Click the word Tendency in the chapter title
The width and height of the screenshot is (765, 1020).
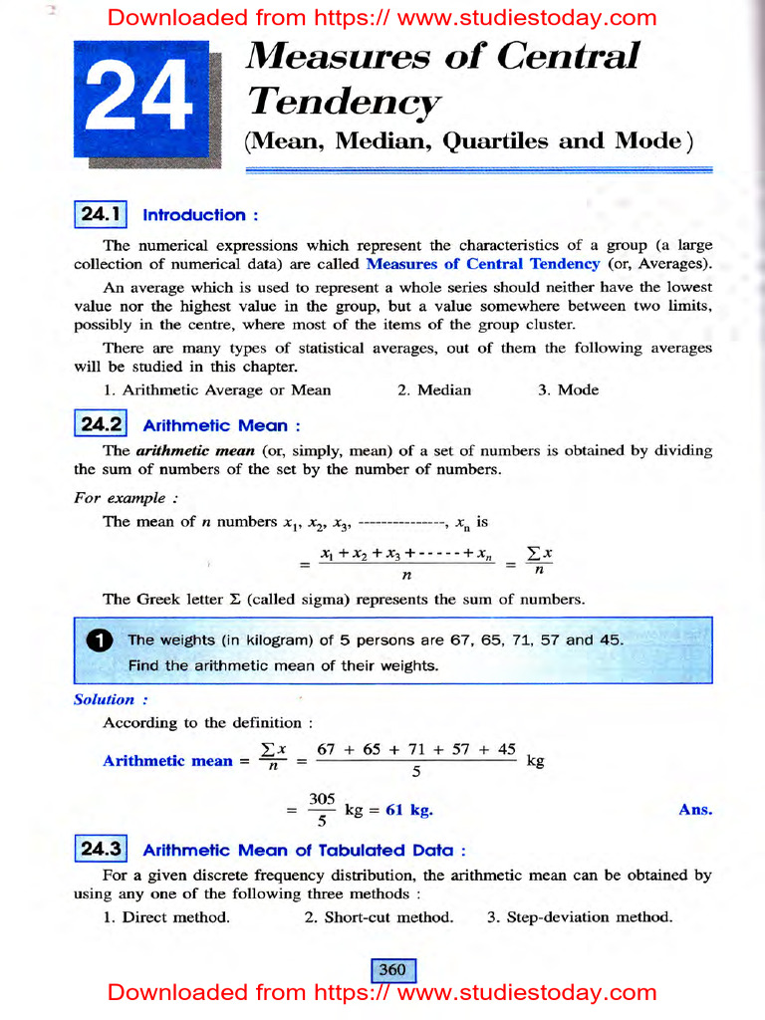point(343,101)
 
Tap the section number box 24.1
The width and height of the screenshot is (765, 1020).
point(101,214)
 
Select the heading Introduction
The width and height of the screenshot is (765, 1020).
point(201,215)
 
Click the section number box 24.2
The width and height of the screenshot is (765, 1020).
point(101,425)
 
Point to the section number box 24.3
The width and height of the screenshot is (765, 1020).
point(101,850)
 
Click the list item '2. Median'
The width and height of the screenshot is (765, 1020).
point(434,390)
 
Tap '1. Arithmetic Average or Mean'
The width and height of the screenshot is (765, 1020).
point(217,390)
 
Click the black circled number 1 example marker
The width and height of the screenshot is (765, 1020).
point(98,641)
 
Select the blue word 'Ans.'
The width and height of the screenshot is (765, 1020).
point(695,810)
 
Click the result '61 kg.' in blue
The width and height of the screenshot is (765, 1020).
point(408,810)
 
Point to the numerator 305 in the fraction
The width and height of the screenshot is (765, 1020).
point(322,799)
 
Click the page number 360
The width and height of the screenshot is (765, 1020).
point(392,969)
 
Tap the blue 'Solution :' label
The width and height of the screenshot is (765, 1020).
point(105,699)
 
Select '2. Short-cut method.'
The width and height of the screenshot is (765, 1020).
point(379,917)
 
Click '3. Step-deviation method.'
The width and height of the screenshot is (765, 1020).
point(579,917)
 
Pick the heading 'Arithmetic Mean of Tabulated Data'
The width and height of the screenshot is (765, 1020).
point(304,851)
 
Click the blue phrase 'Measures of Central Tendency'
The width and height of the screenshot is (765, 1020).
point(483,264)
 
